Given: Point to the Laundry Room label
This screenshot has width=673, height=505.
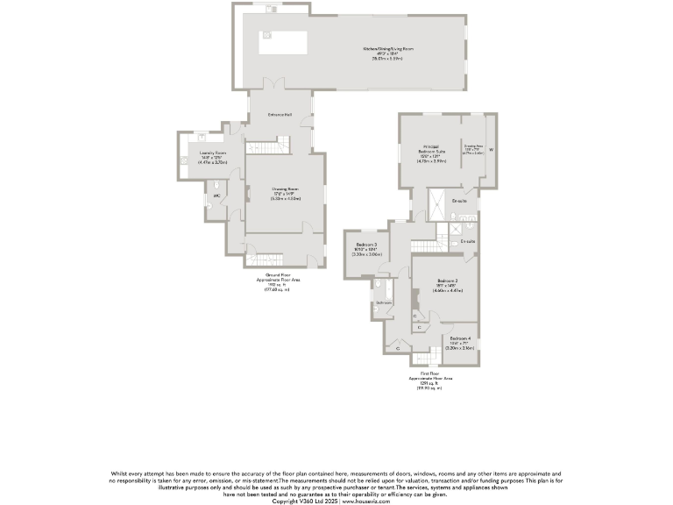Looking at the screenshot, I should [x=201, y=153].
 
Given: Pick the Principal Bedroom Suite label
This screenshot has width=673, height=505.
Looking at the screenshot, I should [x=430, y=149].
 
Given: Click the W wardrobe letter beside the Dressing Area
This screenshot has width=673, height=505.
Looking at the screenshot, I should [x=492, y=149].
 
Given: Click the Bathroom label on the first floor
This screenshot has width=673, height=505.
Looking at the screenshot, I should [x=384, y=302].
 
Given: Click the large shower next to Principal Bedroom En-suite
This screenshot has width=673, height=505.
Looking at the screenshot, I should [x=436, y=204].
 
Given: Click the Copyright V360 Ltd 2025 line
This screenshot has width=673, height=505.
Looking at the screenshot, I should [x=336, y=501].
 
